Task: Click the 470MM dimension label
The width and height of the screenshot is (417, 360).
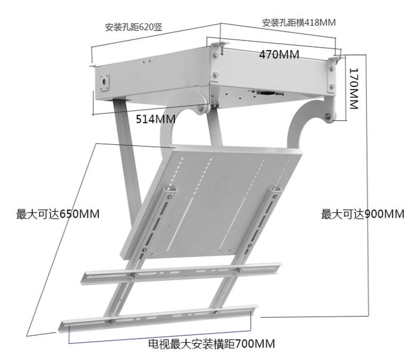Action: tap(279, 55)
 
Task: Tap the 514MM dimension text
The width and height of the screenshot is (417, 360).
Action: tap(155, 119)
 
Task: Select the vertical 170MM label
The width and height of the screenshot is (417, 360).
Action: tap(354, 89)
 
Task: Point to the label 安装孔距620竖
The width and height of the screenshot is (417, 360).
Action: tap(133, 27)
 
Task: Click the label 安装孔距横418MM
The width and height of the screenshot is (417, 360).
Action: tap(298, 22)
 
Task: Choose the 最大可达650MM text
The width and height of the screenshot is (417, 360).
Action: tap(58, 214)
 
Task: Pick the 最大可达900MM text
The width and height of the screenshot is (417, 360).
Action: tap(362, 214)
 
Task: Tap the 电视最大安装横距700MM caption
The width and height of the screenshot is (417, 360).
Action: tap(211, 343)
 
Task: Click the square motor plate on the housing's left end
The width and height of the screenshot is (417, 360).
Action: tap(104, 82)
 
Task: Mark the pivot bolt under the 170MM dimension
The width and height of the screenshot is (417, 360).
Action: tap(328, 116)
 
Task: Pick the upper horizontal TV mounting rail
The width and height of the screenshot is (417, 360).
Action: tap(181, 273)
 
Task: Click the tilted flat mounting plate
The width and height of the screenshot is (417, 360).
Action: tap(210, 202)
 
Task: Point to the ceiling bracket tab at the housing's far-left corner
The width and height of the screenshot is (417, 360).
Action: tap(92, 66)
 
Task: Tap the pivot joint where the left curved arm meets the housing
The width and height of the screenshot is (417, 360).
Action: tap(200, 109)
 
